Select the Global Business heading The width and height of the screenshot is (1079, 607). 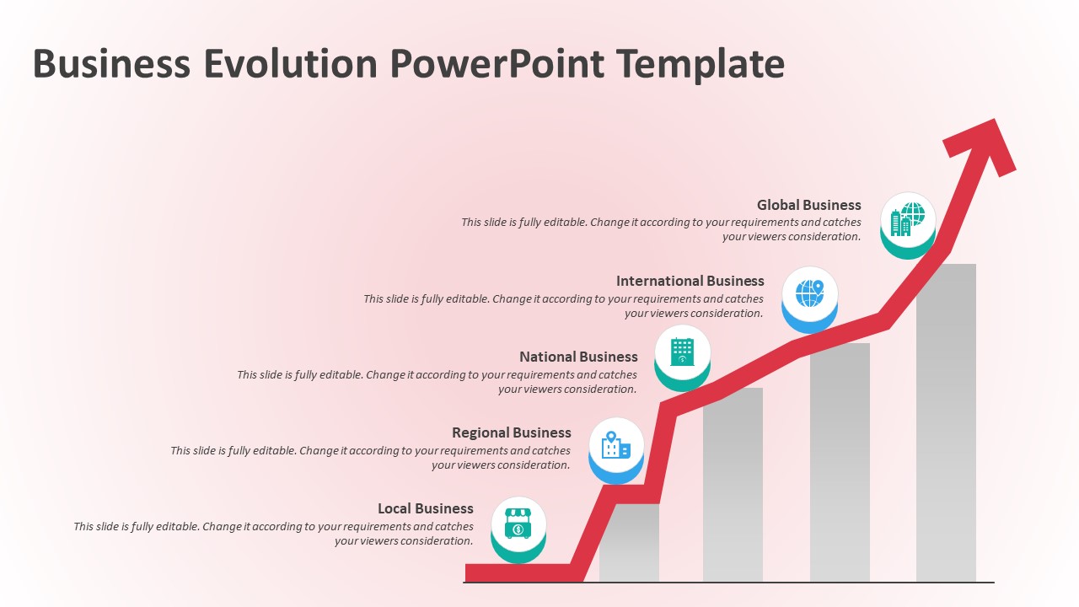point(808,205)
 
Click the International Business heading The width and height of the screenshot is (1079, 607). point(690,281)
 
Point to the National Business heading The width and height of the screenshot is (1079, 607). point(578,357)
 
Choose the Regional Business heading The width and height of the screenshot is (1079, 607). point(511,432)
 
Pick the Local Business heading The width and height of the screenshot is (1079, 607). point(425,508)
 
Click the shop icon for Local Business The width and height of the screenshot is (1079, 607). point(518,524)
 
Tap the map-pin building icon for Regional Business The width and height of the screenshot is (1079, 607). point(615,445)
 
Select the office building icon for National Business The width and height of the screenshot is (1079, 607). point(682,352)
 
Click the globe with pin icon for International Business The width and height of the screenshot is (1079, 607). point(809,293)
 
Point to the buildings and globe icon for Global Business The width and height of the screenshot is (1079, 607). point(908,219)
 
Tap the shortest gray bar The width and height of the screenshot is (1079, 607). point(629,544)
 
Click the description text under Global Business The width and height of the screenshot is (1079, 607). point(661,229)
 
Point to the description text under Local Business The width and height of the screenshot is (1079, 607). point(273,534)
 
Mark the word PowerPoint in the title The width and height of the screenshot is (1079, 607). point(497,65)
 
